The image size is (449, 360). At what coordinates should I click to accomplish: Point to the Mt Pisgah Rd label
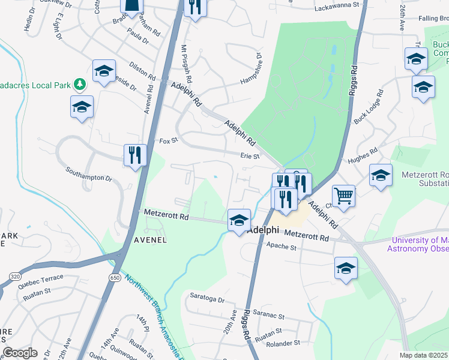pyautogui.click(x=185, y=64)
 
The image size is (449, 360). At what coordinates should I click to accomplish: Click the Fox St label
pyautogui.click(x=169, y=140)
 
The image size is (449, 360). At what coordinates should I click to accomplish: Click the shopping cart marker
pyautogui.click(x=343, y=196)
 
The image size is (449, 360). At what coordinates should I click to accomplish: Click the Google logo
pyautogui.click(x=20, y=353)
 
